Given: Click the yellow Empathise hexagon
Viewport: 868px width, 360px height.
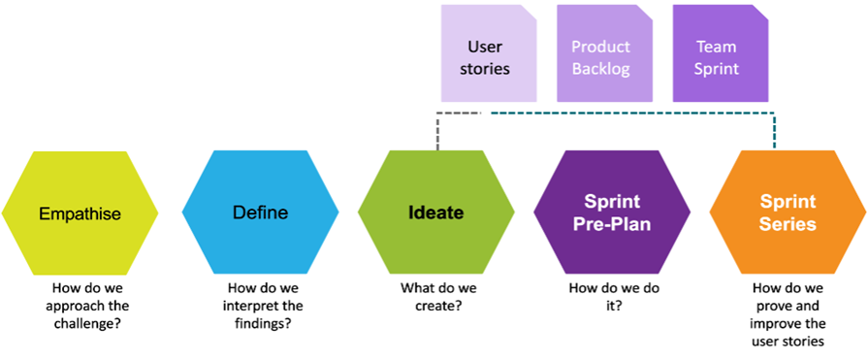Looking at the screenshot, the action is click(x=80, y=213).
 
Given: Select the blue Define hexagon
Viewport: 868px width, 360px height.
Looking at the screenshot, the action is click(x=260, y=213).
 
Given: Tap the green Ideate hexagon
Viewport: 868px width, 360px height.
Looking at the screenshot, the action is click(x=436, y=213).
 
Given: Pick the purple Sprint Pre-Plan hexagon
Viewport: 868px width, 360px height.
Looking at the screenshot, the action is click(x=612, y=213).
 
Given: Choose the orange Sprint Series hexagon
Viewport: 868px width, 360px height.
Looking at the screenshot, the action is click(x=788, y=213).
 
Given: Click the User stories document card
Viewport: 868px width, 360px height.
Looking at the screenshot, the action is click(x=489, y=53).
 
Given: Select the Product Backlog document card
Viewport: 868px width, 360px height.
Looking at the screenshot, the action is click(x=604, y=53).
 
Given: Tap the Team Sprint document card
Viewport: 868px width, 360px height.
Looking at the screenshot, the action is click(x=721, y=53).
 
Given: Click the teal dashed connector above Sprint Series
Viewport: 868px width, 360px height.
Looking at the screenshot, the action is click(x=632, y=114).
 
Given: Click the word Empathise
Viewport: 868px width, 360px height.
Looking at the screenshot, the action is click(x=80, y=213).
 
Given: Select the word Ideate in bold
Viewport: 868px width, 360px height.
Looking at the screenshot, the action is click(x=436, y=213).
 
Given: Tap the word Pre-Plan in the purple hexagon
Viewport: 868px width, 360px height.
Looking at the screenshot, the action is click(x=612, y=226).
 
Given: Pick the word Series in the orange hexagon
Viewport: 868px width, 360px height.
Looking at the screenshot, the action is click(x=788, y=224).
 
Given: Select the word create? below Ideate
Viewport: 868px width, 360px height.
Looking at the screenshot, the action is click(x=438, y=305).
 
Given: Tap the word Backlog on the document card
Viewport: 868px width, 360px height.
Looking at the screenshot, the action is click(x=601, y=69).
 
